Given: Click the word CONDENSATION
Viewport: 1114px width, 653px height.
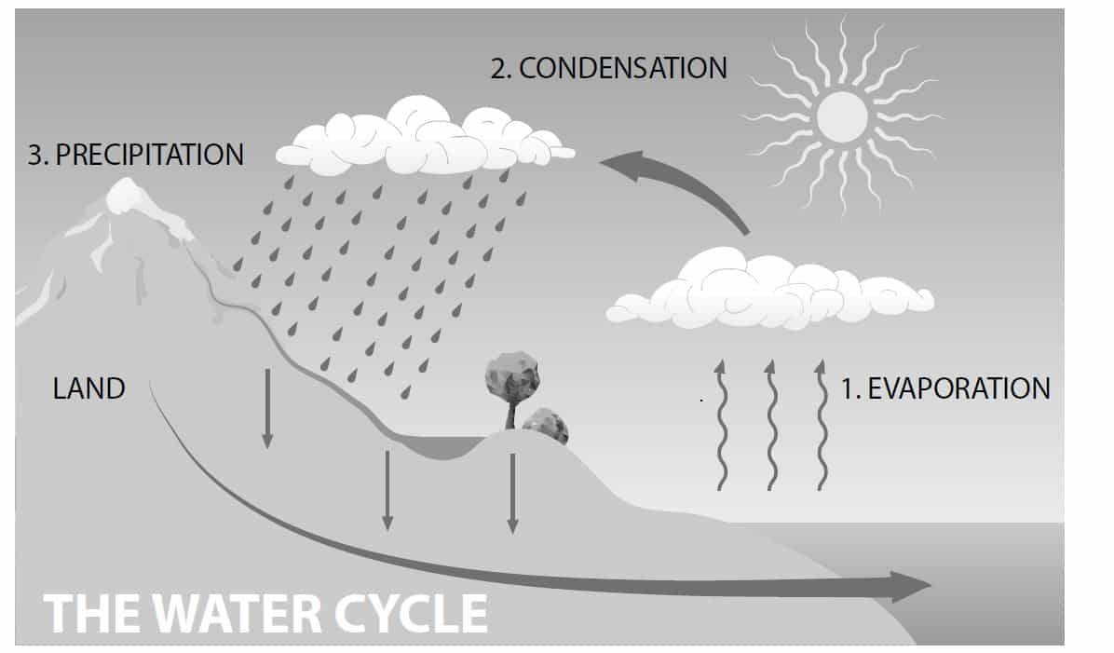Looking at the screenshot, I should [622, 68].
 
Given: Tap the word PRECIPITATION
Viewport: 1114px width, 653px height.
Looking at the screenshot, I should [150, 155].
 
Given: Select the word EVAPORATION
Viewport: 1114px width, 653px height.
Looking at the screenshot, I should [958, 388].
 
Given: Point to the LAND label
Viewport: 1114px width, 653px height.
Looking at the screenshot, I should [88, 388].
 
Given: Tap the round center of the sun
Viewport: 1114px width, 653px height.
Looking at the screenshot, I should [841, 116].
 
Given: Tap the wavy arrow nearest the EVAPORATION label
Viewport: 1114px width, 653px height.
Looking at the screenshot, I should [821, 424].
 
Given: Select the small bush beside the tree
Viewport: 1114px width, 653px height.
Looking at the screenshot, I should [546, 425].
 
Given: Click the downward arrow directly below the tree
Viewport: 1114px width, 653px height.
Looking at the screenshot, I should [511, 494].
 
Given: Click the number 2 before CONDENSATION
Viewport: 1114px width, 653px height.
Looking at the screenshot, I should [497, 68].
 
